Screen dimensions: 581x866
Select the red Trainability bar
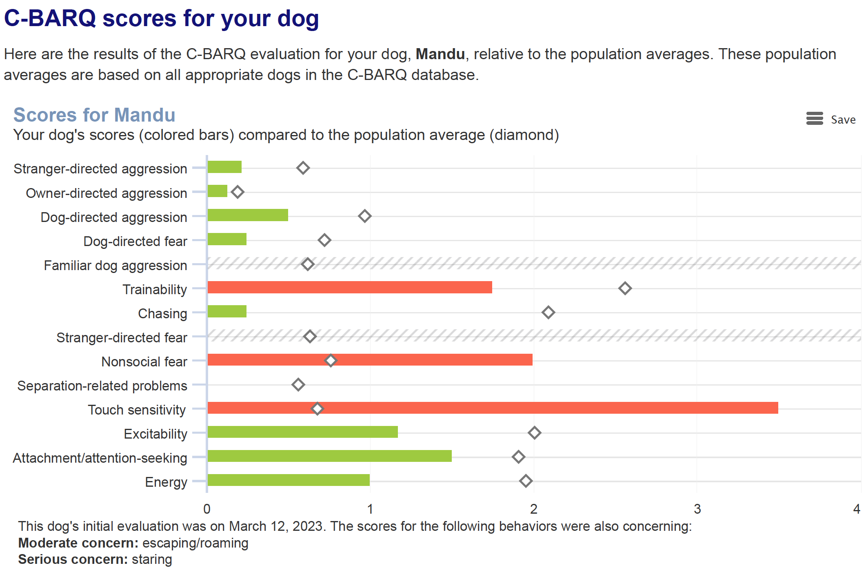click(x=350, y=287)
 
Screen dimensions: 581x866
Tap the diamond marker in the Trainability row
click(x=625, y=288)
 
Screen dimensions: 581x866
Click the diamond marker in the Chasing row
click(x=548, y=313)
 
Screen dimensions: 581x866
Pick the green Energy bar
click(x=289, y=480)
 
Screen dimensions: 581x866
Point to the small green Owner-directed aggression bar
click(x=218, y=191)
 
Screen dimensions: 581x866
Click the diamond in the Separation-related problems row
click(x=298, y=385)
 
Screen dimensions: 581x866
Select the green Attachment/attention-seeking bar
click(x=329, y=456)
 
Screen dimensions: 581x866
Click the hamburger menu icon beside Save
click(x=815, y=119)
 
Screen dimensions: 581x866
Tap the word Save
click(x=843, y=120)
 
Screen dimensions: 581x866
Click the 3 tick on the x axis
click(x=697, y=509)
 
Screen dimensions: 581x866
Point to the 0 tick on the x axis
click(x=207, y=509)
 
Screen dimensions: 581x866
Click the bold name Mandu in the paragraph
click(x=440, y=54)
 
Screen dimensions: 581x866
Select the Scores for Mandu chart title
click(x=94, y=115)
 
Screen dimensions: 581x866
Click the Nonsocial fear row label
click(x=144, y=361)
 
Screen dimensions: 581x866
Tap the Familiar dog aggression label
click(x=115, y=265)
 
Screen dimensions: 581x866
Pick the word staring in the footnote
click(x=152, y=559)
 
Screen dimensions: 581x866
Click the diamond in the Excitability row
click(x=534, y=433)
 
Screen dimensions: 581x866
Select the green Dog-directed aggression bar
click(x=248, y=215)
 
